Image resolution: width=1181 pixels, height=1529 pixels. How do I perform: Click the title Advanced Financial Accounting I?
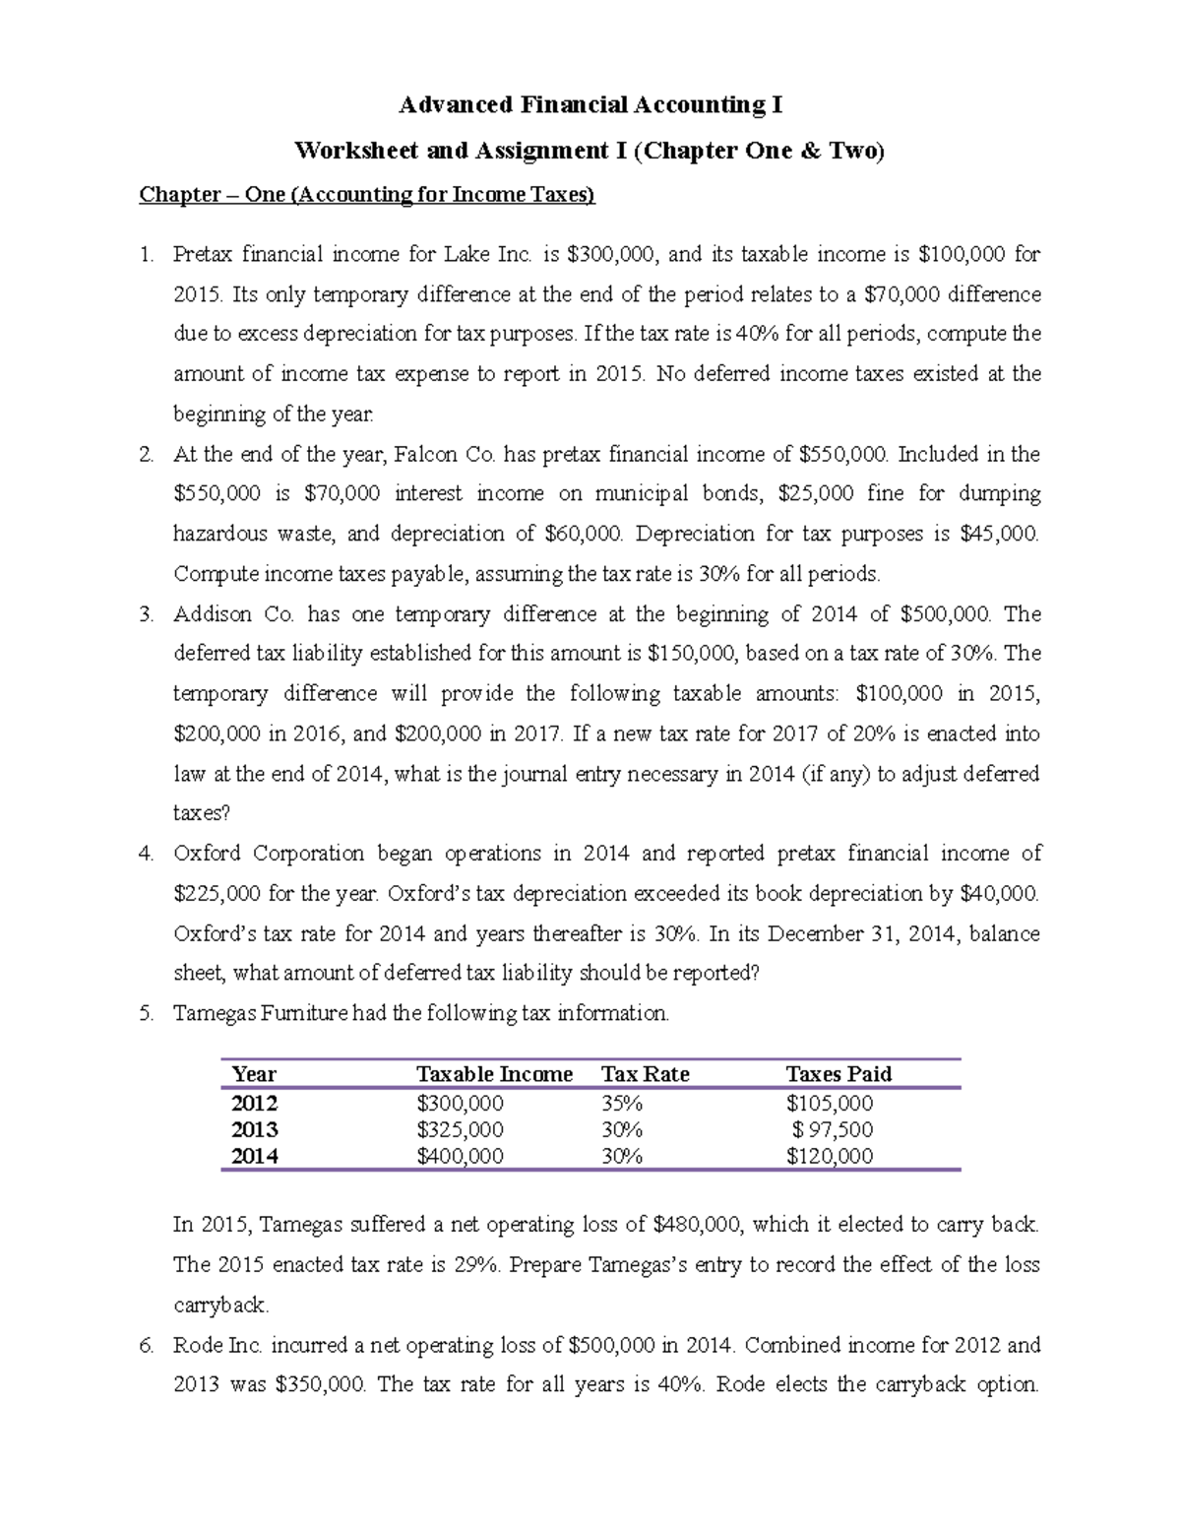click(x=590, y=104)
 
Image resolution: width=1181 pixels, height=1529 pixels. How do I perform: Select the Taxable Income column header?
click(x=494, y=1074)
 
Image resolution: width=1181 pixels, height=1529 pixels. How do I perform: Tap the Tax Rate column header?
click(x=645, y=1074)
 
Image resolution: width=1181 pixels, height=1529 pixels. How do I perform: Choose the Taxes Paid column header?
click(x=839, y=1074)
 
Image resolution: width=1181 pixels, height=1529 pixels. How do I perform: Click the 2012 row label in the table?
click(x=254, y=1103)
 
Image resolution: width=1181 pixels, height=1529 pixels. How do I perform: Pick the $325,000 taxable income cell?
click(x=460, y=1129)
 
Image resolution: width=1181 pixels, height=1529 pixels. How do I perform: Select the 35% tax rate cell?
click(x=621, y=1103)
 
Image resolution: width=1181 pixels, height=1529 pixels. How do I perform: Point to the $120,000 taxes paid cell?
click(x=829, y=1156)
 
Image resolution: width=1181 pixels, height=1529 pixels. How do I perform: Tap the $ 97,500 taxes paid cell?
click(x=832, y=1129)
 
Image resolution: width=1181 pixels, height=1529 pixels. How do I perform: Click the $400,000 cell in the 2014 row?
click(x=460, y=1156)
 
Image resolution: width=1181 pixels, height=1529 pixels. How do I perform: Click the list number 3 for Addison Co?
click(x=146, y=614)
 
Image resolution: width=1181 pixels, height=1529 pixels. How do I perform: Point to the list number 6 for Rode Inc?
click(x=146, y=1345)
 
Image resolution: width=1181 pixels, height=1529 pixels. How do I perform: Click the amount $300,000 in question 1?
click(x=602, y=255)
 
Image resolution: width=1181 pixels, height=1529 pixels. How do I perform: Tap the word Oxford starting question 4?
click(x=210, y=854)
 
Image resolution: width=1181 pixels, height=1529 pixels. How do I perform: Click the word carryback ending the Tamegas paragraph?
click(x=219, y=1306)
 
